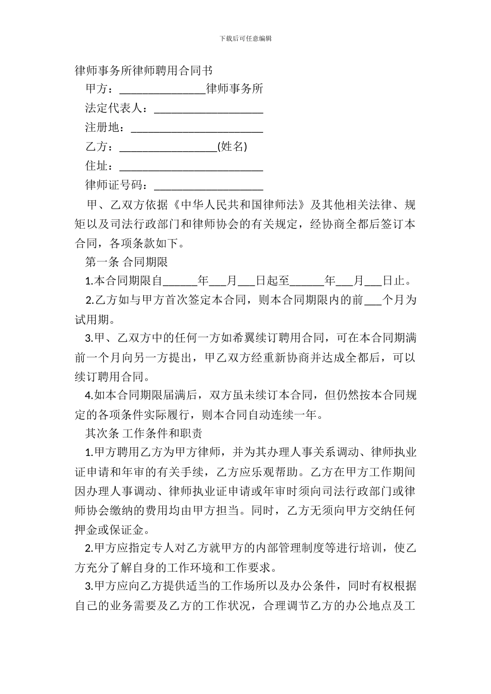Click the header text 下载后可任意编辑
pyautogui.click(x=245, y=38)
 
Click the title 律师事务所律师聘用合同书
pyautogui.click(x=144, y=70)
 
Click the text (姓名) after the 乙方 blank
pyautogui.click(x=232, y=147)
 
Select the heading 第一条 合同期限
pyautogui.click(x=127, y=262)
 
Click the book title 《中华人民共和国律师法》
pyautogui.click(x=240, y=205)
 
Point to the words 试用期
pyautogui.click(x=93, y=320)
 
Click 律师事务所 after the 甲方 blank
pyautogui.click(x=235, y=89)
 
